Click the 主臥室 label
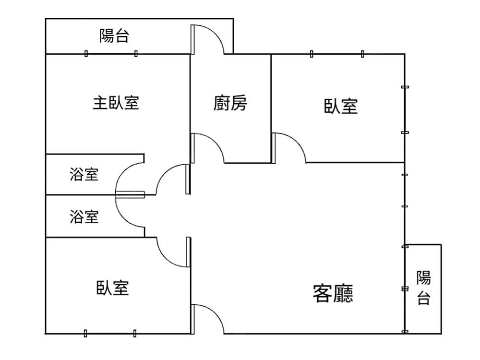(116, 103)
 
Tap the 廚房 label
(230, 103)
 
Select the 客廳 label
(333, 293)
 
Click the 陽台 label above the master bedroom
(114, 36)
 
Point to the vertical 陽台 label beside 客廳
(423, 288)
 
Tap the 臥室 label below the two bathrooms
(113, 288)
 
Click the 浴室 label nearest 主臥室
(84, 175)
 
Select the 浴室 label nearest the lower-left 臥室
(84, 217)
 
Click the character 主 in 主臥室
(99, 103)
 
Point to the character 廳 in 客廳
(343, 293)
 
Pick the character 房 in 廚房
(239, 103)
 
